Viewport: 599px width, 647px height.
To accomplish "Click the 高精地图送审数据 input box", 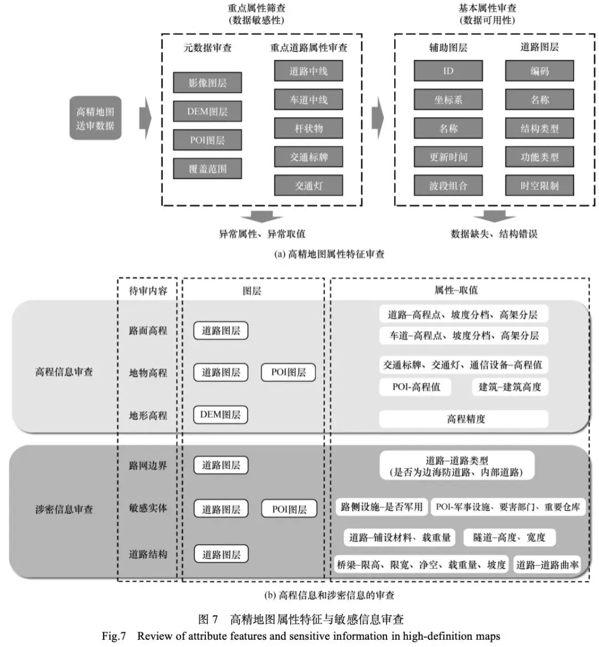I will click(x=95, y=118).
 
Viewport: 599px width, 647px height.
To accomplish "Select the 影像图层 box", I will click(x=207, y=83).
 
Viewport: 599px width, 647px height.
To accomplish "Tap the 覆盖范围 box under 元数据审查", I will click(x=207, y=169).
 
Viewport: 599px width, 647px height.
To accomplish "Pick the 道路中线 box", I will click(x=308, y=71).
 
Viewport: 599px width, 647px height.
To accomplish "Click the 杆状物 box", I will click(x=308, y=128).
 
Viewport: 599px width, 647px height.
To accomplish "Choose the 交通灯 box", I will click(x=308, y=185).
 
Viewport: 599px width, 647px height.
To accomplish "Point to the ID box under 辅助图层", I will click(x=448, y=71).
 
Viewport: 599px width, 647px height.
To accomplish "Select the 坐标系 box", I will click(x=448, y=100).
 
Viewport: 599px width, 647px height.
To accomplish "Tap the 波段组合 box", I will click(x=448, y=185).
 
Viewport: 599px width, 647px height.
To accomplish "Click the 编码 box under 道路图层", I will click(x=539, y=71).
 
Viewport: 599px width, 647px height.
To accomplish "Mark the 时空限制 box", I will click(x=539, y=185).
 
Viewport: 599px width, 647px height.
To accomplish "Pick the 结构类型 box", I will click(x=539, y=128).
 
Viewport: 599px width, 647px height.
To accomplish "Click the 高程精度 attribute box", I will click(x=464, y=419).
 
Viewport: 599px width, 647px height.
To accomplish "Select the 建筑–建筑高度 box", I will click(x=510, y=387).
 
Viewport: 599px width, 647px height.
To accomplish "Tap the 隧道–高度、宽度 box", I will click(x=509, y=537).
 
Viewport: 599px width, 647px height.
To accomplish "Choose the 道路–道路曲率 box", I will click(x=547, y=565).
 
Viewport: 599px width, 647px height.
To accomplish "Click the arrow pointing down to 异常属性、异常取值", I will click(x=261, y=217).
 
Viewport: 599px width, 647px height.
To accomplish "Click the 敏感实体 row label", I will click(x=148, y=508).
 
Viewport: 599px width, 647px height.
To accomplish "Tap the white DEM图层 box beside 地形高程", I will click(x=220, y=415).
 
